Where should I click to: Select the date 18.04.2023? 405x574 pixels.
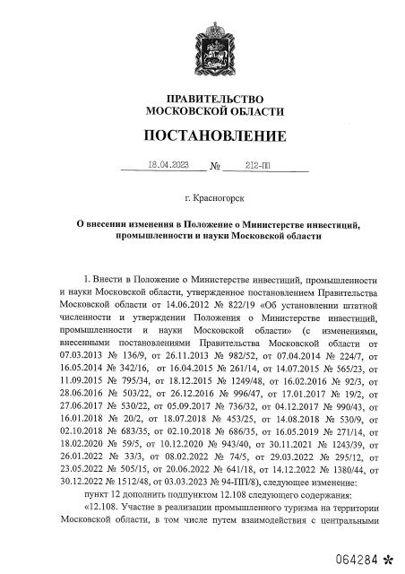(168, 165)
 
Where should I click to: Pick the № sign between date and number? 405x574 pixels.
(214, 167)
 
